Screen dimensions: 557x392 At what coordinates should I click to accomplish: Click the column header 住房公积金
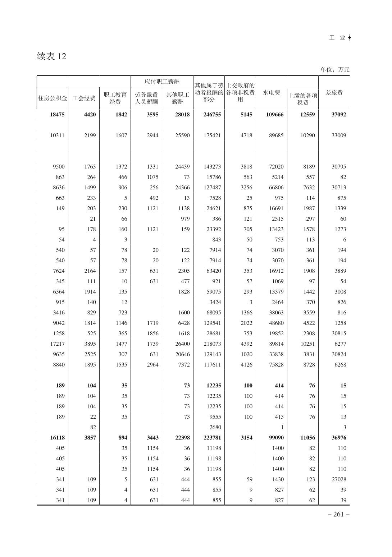(53, 98)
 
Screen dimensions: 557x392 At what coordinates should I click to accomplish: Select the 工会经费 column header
(84, 98)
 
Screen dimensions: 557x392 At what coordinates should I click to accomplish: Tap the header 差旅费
(334, 93)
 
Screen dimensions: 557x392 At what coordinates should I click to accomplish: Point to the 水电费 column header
(271, 93)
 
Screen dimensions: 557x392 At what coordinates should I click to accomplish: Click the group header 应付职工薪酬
(162, 82)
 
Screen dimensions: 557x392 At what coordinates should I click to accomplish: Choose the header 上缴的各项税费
(303, 99)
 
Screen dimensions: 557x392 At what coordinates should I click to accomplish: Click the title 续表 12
(51, 56)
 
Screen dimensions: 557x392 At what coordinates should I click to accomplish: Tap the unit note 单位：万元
(335, 70)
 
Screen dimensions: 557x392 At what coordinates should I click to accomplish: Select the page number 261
(339, 514)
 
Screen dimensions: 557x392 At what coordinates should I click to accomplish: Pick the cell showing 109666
(274, 115)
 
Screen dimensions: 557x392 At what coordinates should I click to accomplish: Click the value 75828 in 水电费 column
(276, 365)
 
